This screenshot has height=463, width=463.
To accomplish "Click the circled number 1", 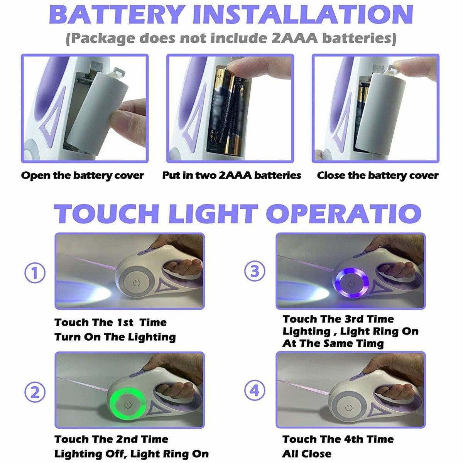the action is point(35,273).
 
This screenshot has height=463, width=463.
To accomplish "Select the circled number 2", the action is point(35,392).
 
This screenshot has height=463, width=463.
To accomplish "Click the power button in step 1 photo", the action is point(137,283).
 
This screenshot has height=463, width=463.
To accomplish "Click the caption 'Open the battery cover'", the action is point(83,176).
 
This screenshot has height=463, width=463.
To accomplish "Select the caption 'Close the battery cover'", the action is point(377,176).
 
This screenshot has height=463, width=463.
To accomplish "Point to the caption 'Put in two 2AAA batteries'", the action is point(231,176).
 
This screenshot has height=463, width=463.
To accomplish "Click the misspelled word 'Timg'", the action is point(370,343).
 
